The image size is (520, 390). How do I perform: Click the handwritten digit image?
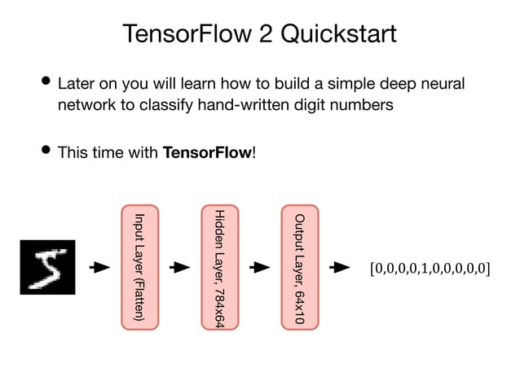(x=47, y=267)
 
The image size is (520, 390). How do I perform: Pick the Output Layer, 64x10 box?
(x=298, y=266)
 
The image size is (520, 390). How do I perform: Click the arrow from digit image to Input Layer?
(x=99, y=267)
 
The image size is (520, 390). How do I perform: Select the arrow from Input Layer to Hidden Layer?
(x=179, y=267)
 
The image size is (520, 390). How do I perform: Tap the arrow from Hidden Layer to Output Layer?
(x=259, y=267)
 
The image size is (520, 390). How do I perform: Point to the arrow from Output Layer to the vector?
(x=339, y=267)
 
